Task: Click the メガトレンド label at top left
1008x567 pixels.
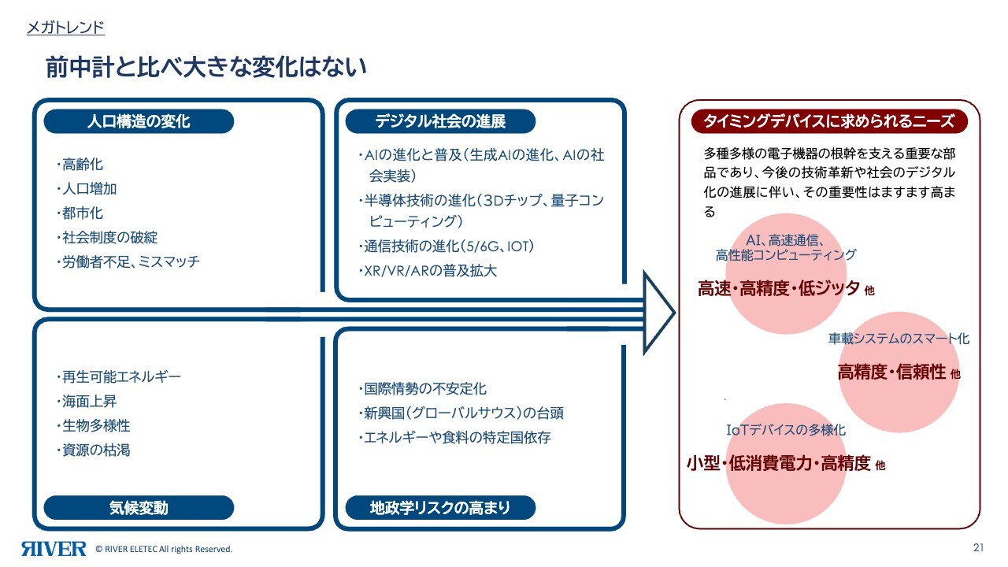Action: (65, 28)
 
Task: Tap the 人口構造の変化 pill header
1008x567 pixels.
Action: (139, 121)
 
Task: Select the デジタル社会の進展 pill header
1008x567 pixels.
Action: (440, 121)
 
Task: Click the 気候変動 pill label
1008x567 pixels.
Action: (139, 508)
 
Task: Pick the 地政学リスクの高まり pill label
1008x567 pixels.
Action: (440, 508)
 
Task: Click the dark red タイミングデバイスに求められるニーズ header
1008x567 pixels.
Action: (829, 121)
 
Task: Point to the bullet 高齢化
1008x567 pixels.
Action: (80, 165)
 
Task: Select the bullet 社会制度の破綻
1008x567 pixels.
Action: (108, 237)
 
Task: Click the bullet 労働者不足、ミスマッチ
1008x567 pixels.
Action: (128, 261)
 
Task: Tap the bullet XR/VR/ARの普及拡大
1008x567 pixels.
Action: (428, 270)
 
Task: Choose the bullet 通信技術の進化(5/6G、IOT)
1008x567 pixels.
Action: (447, 246)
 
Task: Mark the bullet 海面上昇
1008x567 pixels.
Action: (87, 401)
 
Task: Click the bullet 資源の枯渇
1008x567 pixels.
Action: (94, 450)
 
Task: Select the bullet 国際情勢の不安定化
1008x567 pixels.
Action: (423, 388)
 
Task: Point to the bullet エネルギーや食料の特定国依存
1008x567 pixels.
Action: (455, 437)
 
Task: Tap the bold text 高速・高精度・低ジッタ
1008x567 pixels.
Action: (779, 288)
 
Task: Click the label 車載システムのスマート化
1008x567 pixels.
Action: (899, 339)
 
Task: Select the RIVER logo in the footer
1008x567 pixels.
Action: (54, 549)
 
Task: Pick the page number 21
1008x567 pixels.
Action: (978, 547)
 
